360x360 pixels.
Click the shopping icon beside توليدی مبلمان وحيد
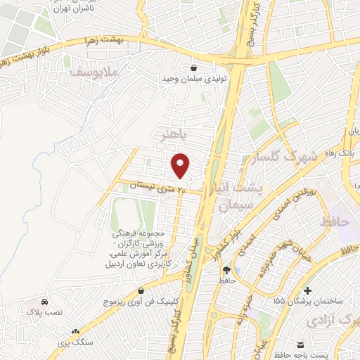pos(193,68)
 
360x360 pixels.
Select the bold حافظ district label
pos(334,221)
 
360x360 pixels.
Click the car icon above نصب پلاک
pos(45,300)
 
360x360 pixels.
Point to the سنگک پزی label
pos(76,342)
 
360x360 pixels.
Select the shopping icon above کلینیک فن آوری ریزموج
pos(141,290)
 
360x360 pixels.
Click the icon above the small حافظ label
pos(226,269)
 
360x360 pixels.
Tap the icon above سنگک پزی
pos(76,330)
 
